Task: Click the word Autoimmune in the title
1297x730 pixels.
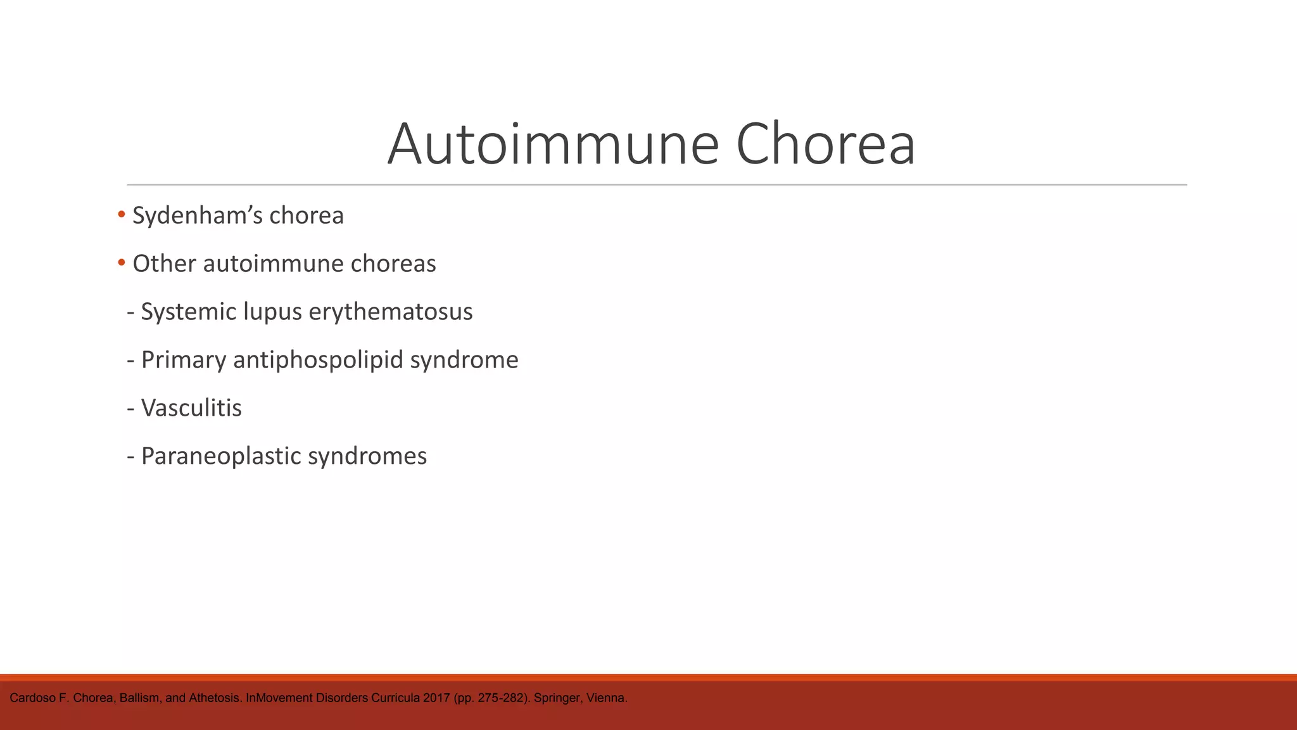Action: point(553,144)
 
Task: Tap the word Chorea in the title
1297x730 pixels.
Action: point(825,144)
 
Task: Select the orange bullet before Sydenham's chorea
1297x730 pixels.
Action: point(122,215)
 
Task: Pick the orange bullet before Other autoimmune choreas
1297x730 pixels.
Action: point(122,263)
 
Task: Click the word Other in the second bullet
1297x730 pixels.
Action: point(164,264)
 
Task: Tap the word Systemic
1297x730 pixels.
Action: point(188,312)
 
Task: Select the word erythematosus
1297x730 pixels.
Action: point(391,312)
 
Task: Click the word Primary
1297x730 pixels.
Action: point(184,361)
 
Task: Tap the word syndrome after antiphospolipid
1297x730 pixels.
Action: point(464,361)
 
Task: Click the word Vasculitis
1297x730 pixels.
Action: point(191,408)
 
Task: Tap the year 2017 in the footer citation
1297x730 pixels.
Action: point(438,698)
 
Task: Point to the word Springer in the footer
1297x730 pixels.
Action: point(554,698)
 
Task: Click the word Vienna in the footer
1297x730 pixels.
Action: point(606,698)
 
